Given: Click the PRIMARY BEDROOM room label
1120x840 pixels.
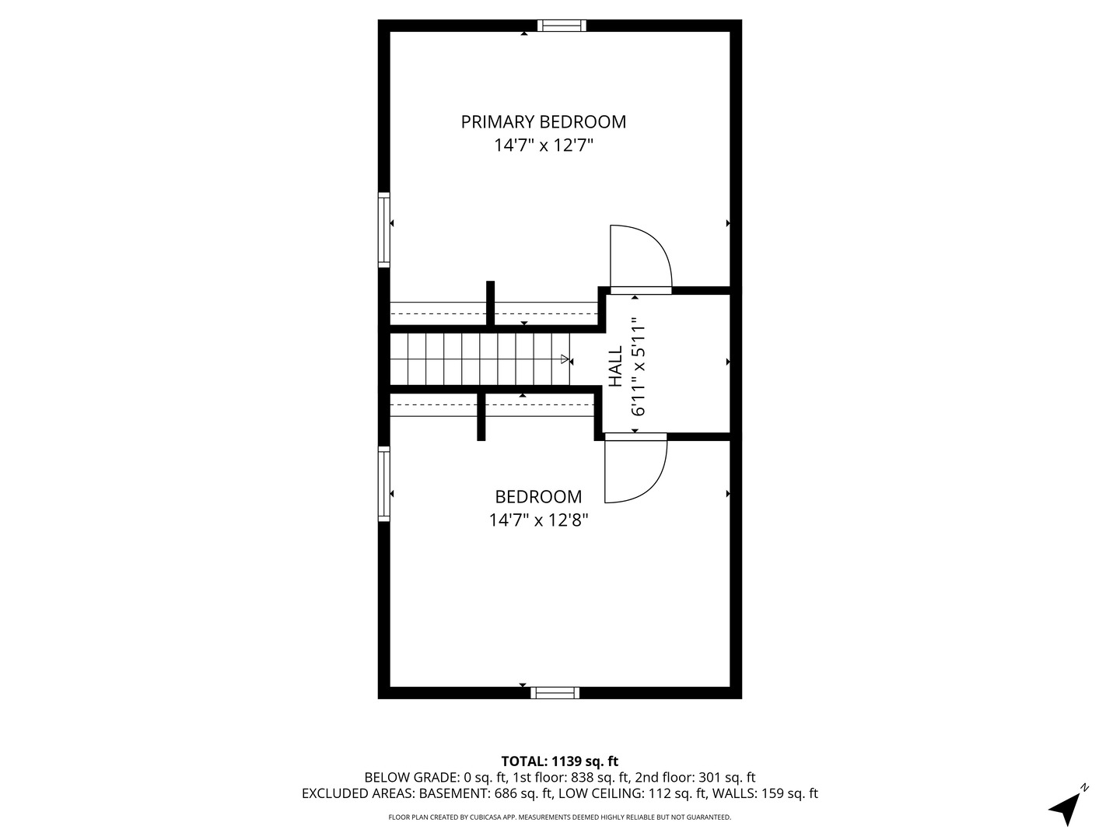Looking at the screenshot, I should pyautogui.click(x=543, y=122).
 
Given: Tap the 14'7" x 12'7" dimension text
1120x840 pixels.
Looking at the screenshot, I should pyautogui.click(x=543, y=145).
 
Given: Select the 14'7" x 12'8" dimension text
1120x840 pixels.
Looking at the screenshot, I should pyautogui.click(x=538, y=520).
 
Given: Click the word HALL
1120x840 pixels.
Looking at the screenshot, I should pyautogui.click(x=615, y=366).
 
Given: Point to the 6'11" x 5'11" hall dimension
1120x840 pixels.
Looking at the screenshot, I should pyautogui.click(x=639, y=366).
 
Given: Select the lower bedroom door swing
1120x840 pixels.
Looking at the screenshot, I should pyautogui.click(x=635, y=469).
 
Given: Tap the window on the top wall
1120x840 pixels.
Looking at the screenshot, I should pyautogui.click(x=562, y=26).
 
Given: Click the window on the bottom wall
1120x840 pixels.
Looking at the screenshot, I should pyautogui.click(x=555, y=693).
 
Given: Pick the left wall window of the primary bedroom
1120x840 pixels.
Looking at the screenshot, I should pyautogui.click(x=383, y=229).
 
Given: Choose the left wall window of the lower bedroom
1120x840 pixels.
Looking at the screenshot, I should pyautogui.click(x=383, y=483).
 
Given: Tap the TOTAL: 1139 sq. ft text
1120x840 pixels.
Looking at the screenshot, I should pyautogui.click(x=559, y=761).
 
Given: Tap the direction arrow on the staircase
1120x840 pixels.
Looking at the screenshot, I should pyautogui.click(x=565, y=359).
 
